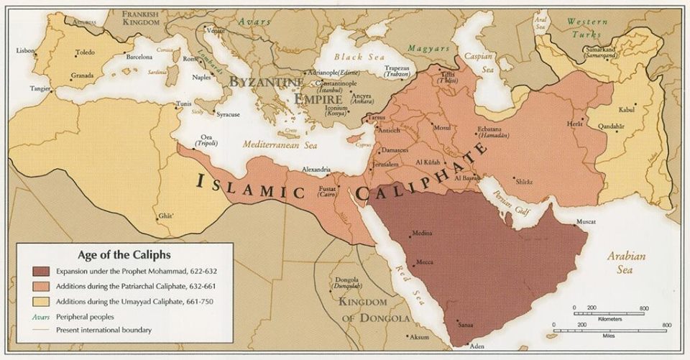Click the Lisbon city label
point(26,50)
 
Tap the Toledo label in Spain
point(85,53)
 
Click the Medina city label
point(422,234)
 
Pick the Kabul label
point(627,110)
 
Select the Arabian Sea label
point(626,263)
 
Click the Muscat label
point(586,222)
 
